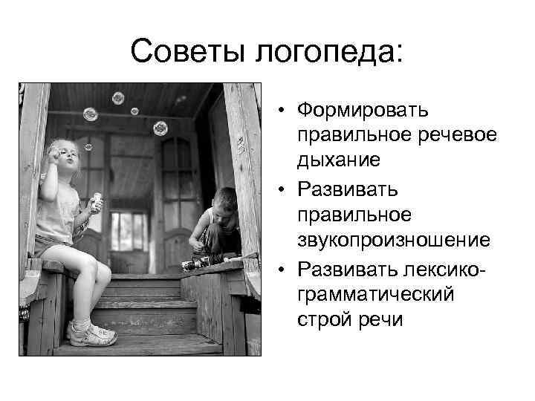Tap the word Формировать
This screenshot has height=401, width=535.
pyautogui.click(x=363, y=111)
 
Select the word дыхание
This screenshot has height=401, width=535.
pyautogui.click(x=339, y=158)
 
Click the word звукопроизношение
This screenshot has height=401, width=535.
pyautogui.click(x=392, y=239)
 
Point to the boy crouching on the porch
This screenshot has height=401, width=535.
pyautogui.click(x=217, y=226)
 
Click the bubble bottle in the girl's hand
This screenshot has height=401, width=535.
pyautogui.click(x=96, y=201)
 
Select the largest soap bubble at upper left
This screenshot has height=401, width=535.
pyautogui.click(x=91, y=114)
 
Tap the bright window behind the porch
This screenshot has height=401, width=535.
pyautogui.click(x=129, y=231)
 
